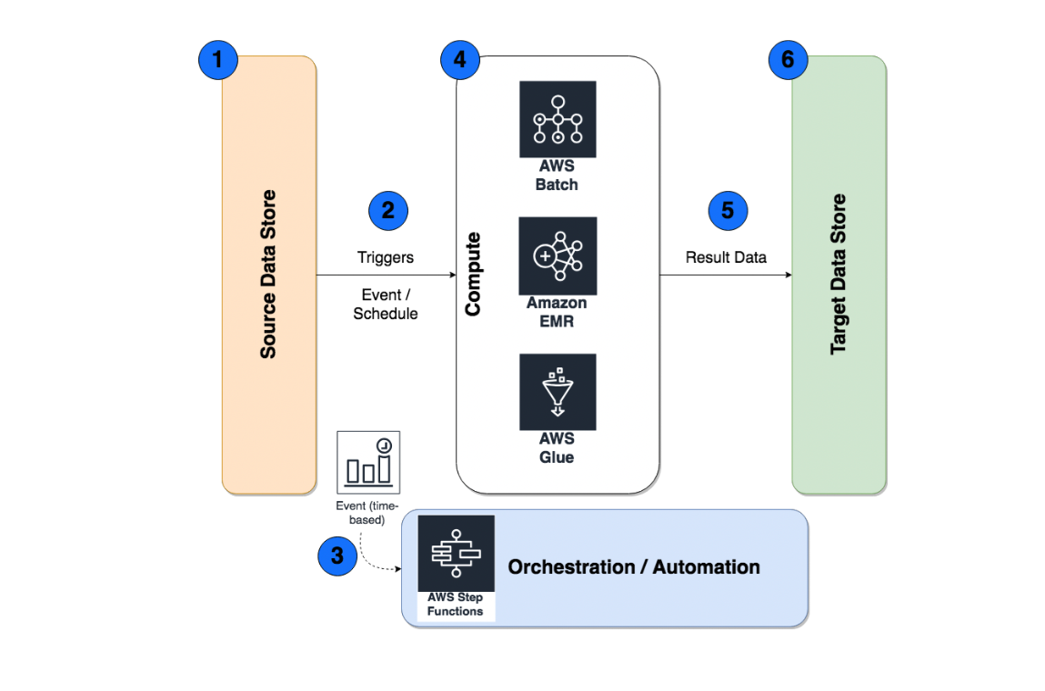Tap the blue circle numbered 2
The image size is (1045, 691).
coord(388,211)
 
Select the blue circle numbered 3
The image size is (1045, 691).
coord(337,556)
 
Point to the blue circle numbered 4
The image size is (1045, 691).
coord(459,61)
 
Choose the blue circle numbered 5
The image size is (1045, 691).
coord(728,211)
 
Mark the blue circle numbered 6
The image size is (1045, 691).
coord(788,61)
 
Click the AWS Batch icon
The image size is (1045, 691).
coord(558,119)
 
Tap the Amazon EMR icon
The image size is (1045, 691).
coord(558,255)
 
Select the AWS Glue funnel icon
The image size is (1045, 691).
coord(558,392)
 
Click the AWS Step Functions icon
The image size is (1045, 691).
coord(456,554)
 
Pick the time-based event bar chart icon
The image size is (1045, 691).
coord(368,459)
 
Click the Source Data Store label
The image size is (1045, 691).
coord(268,274)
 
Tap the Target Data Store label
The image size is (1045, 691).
coord(839,274)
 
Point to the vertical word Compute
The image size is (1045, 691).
coord(473,274)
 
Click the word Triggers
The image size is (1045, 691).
coord(386,257)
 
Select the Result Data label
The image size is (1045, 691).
coord(726,257)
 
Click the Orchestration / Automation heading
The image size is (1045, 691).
coord(634,567)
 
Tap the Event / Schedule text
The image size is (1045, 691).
coord(386,304)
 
